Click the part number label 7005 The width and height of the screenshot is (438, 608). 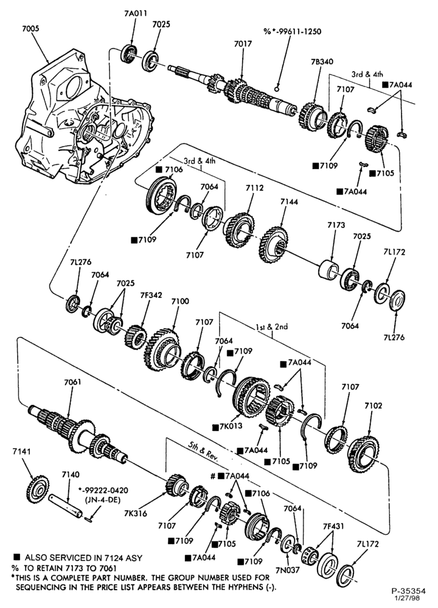30,29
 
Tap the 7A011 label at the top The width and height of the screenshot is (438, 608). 136,13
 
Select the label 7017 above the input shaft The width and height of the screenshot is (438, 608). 243,44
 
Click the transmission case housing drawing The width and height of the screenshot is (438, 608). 82,116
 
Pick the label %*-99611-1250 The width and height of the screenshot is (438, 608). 293,31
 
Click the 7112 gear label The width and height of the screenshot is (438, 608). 254,188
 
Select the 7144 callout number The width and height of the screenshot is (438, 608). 289,201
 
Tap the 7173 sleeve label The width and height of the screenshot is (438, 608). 336,225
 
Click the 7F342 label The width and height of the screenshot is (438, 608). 151,295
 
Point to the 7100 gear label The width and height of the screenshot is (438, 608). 180,302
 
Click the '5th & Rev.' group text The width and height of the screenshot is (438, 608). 203,451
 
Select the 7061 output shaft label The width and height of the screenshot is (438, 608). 72,382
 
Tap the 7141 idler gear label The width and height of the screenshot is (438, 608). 21,451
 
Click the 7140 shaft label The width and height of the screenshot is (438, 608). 70,474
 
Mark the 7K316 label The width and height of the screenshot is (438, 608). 136,513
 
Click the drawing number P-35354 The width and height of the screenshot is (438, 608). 408,592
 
